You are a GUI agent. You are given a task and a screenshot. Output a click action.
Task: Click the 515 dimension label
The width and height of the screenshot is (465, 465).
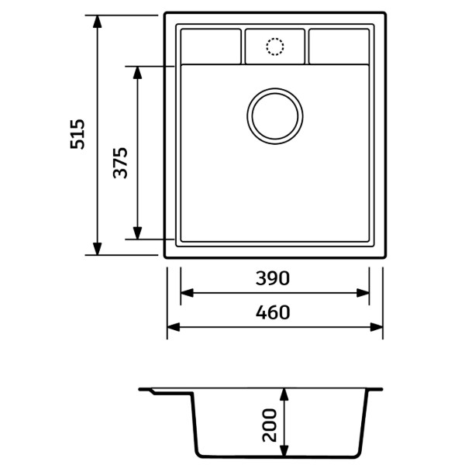click(x=77, y=134)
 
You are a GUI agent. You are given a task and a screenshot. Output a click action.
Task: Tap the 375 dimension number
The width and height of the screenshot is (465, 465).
click(x=120, y=163)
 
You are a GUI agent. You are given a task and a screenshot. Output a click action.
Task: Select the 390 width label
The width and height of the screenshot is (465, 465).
click(x=273, y=278)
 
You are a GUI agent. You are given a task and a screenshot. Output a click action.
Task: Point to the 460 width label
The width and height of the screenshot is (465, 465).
click(x=273, y=312)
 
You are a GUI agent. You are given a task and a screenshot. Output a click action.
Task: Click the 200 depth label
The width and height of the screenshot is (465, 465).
click(x=270, y=425)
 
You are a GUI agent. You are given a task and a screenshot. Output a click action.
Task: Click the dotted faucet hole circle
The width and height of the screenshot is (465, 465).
click(x=275, y=46)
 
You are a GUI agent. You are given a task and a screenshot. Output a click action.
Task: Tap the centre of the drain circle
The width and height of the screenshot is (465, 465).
click(x=275, y=116)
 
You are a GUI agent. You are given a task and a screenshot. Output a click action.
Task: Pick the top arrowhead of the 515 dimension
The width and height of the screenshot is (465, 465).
click(x=98, y=22)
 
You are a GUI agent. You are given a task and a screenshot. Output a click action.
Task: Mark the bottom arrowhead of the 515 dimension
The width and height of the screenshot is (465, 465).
click(x=98, y=249)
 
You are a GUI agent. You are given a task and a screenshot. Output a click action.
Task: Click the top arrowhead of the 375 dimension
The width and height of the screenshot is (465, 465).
click(x=137, y=73)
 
